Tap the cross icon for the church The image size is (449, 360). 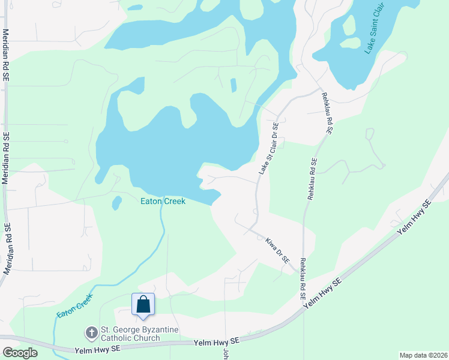point(91,332)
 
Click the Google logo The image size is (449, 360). point(20,352)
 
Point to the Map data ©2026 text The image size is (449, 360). point(423,355)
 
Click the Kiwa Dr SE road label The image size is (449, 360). point(277,250)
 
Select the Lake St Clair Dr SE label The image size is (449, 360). point(268,149)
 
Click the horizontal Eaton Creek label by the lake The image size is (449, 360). point(163,202)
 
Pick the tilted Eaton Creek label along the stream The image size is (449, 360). point(74,305)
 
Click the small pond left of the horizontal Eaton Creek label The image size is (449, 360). point(116,203)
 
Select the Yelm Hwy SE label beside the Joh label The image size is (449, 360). point(217,342)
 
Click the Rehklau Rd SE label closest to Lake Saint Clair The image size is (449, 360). point(327,113)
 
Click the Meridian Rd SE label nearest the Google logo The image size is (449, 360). point(7,249)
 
